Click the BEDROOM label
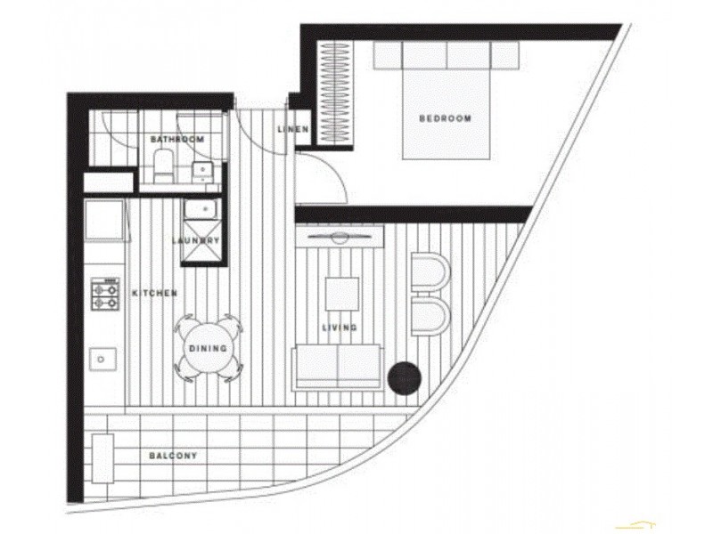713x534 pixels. click(444, 118)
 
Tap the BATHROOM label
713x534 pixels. click(177, 140)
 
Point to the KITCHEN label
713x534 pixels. click(154, 293)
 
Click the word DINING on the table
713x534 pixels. click(208, 348)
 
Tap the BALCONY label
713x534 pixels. click(173, 456)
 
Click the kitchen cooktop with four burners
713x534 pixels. click(104, 295)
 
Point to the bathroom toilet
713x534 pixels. click(162, 166)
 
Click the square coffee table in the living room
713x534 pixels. click(341, 293)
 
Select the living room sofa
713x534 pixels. click(340, 367)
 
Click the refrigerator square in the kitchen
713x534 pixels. click(104, 220)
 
